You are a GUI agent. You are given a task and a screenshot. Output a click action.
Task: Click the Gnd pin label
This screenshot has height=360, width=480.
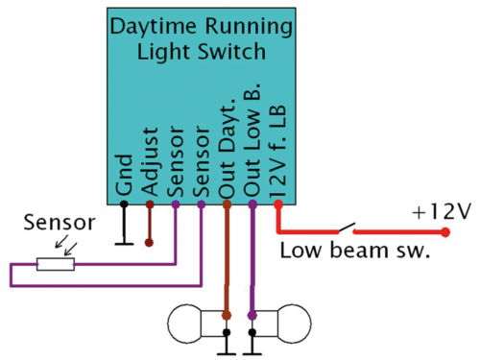tap(124, 183)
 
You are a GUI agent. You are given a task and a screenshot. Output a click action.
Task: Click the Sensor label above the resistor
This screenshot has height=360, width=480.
tap(59, 224)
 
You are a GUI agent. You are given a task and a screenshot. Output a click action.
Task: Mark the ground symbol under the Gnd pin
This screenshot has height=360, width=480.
tap(124, 238)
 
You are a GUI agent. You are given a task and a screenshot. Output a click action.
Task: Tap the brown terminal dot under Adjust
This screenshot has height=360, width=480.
tap(149, 204)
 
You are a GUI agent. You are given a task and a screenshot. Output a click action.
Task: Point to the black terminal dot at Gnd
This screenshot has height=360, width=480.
tap(124, 204)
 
